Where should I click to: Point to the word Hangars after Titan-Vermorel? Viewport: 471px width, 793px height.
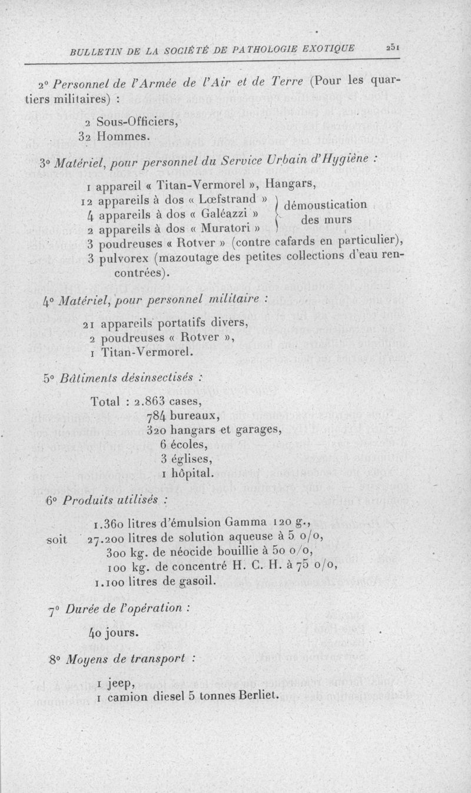[293, 188]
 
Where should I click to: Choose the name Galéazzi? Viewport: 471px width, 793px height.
[224, 213]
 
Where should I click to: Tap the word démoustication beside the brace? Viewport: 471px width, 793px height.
[326, 205]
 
